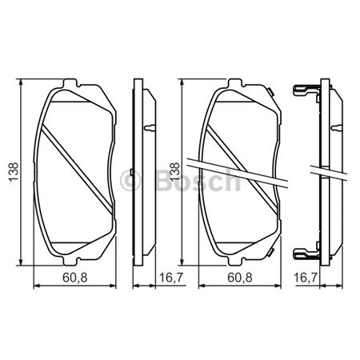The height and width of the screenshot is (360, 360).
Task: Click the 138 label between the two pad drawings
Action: point(175,173)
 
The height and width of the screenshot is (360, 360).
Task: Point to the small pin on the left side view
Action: point(151,127)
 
